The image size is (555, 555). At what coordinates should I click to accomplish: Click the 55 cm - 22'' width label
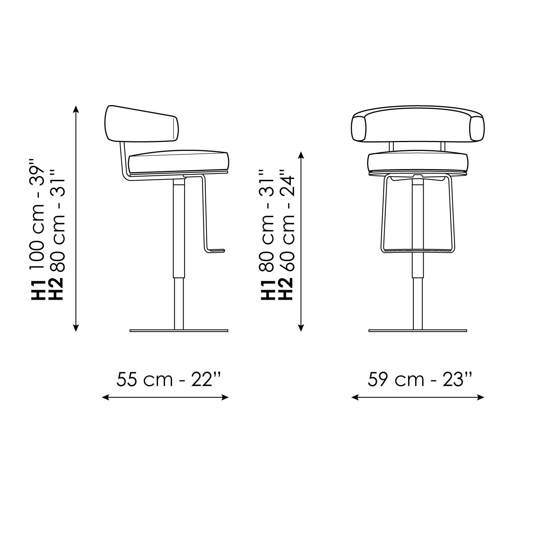pos(169,379)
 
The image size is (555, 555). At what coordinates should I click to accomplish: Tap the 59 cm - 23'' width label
pos(420,379)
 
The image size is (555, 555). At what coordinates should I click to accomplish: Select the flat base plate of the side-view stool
pos(179,330)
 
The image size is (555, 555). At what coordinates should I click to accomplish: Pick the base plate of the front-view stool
pos(418,330)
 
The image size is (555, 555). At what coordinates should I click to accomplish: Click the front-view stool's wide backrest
pos(418,126)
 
